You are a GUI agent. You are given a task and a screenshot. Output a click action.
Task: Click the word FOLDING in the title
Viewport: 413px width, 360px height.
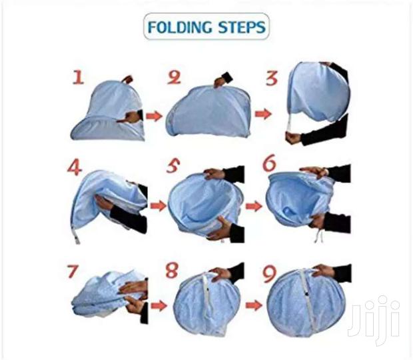[x=177, y=28]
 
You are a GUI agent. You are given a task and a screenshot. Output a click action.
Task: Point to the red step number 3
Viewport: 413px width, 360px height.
[x=271, y=78]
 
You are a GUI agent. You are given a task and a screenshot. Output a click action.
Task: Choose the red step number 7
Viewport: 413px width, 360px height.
[x=75, y=272]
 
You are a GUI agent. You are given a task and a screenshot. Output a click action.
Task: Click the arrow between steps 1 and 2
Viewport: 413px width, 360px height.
[x=154, y=116]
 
